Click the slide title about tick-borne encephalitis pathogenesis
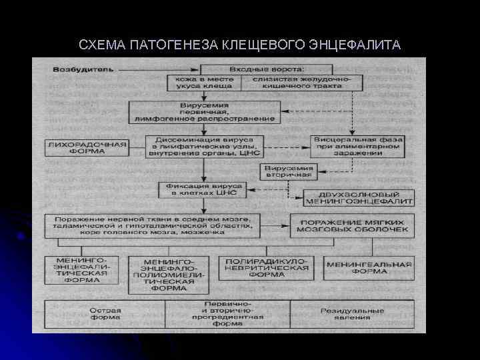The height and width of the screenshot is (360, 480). tap(239, 45)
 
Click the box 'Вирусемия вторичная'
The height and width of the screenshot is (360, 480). tap(289, 171)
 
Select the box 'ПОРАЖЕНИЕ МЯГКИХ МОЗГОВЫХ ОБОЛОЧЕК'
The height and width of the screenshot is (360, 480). tap(353, 225)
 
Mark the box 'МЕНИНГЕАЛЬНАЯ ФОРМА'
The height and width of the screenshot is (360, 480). tap(368, 267)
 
